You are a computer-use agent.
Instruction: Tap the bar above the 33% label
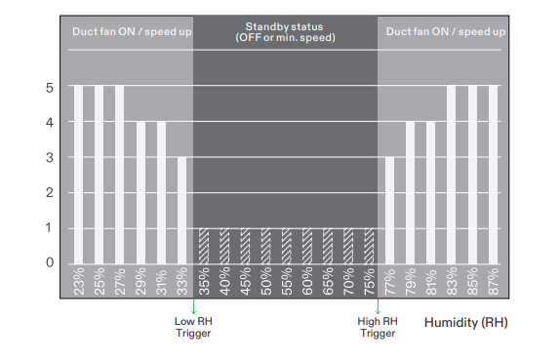182,209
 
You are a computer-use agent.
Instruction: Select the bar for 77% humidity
389,209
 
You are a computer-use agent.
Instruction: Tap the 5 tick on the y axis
50,88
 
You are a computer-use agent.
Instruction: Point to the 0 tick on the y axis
50,262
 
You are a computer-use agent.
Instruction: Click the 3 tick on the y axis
50,158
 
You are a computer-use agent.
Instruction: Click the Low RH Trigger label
192,326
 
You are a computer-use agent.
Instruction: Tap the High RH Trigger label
378,326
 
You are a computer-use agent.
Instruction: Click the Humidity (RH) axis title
466,321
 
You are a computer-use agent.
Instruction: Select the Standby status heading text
286,31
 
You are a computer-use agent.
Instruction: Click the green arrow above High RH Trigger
378,305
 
